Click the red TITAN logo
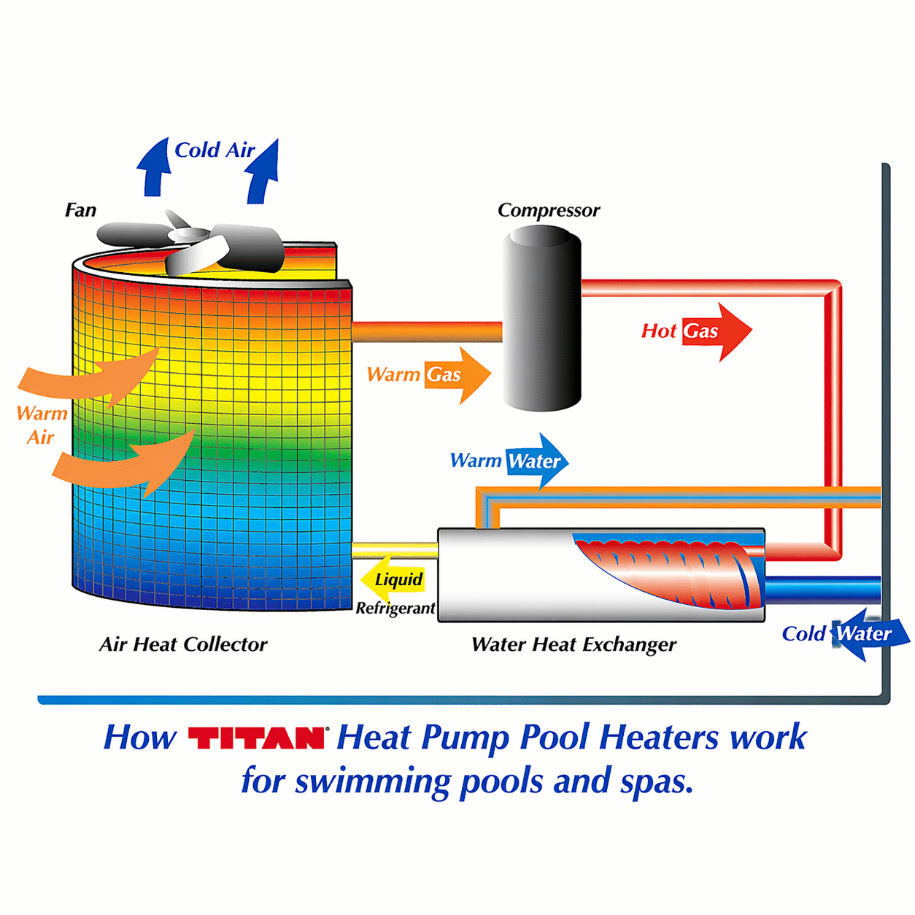256,738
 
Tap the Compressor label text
549,210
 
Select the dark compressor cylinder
542,318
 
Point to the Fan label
81,210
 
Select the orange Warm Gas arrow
457,375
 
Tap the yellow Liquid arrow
393,579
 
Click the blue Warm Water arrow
537,460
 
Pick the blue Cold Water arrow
869,634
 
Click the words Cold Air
215,150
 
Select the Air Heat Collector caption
183,644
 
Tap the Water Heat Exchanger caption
574,645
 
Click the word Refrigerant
395,609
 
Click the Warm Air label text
42,425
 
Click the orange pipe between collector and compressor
428,331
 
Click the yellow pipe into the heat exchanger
395,551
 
